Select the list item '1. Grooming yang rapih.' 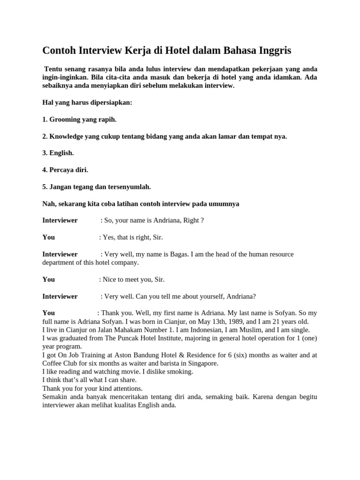(79, 120)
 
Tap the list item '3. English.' (58, 153)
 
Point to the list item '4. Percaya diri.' (65, 170)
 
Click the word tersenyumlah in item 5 (129, 187)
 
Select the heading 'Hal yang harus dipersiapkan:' (87, 102)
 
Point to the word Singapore (199, 363)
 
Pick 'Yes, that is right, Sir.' (133, 237)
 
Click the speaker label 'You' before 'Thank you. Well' (49, 313)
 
